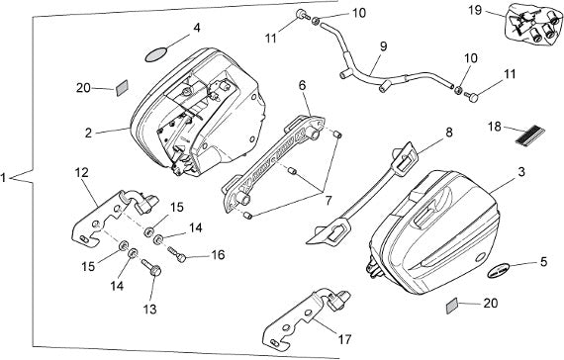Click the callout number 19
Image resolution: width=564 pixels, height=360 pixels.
click(475, 10)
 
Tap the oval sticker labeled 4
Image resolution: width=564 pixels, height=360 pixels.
click(156, 55)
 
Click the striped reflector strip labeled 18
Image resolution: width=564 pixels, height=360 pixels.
click(529, 135)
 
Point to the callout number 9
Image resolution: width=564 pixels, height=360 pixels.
click(383, 46)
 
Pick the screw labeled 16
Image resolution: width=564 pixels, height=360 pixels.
click(176, 253)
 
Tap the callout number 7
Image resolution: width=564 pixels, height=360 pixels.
click(329, 201)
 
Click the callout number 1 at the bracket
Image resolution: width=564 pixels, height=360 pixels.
click(3, 178)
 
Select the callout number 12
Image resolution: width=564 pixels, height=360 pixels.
click(82, 173)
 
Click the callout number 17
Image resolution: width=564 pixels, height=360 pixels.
click(344, 339)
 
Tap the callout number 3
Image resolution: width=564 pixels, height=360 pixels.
click(521, 171)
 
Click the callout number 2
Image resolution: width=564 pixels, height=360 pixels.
click(88, 134)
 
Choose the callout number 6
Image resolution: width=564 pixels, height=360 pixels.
click(302, 85)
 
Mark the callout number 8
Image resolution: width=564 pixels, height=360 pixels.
click(449, 133)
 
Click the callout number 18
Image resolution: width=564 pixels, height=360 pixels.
click(495, 127)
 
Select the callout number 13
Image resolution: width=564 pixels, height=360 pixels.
click(150, 309)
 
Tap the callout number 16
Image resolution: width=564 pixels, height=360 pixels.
click(218, 255)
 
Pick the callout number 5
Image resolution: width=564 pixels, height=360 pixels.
click(543, 262)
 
